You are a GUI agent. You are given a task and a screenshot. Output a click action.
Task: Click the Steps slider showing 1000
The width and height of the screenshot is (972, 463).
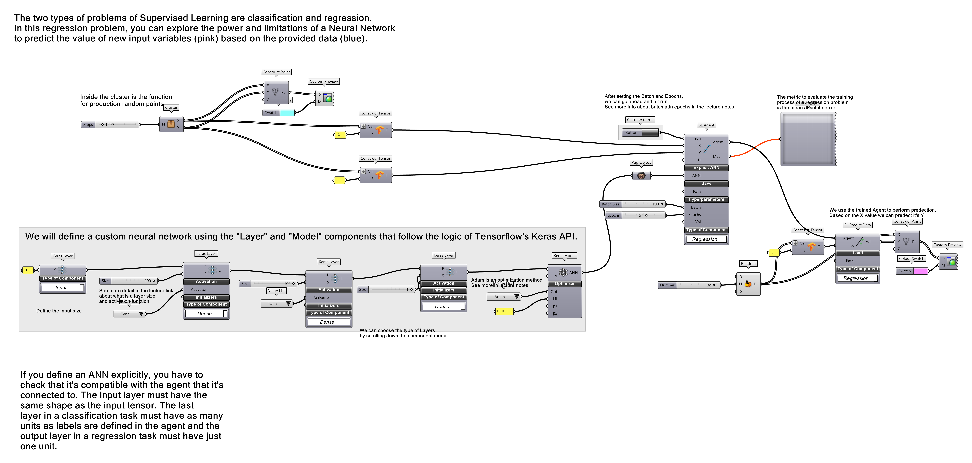tap(117, 124)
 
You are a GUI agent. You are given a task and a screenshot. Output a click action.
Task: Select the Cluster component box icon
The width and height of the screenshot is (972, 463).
tap(171, 124)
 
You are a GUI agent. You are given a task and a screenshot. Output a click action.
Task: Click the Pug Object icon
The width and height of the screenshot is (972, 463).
tap(641, 175)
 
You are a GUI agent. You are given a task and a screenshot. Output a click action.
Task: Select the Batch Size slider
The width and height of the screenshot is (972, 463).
tap(643, 204)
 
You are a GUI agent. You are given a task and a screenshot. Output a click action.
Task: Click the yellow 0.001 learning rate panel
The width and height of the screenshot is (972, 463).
tap(503, 311)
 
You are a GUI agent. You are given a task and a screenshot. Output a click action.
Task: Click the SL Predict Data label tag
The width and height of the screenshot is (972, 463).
tap(857, 225)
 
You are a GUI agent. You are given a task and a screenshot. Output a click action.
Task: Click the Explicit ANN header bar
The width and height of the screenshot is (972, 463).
tap(706, 168)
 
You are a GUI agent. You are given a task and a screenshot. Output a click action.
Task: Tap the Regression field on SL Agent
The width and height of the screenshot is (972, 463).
tap(704, 239)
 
